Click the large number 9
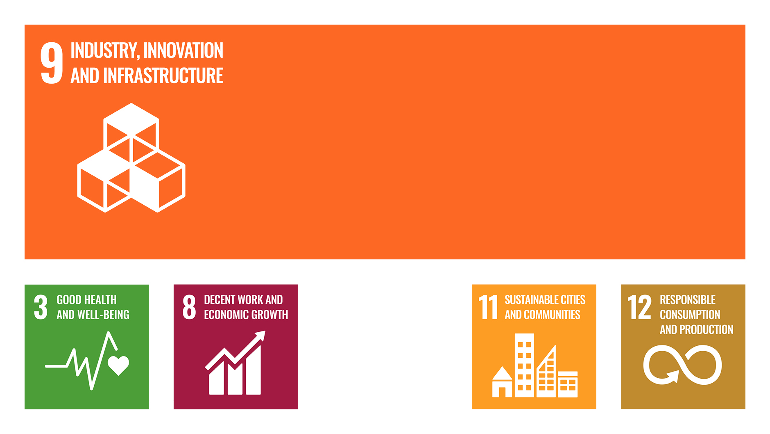point(52,63)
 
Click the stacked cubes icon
point(131,158)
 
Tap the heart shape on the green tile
point(118,365)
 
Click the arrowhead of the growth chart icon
point(260,336)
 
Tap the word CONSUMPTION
point(690,315)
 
